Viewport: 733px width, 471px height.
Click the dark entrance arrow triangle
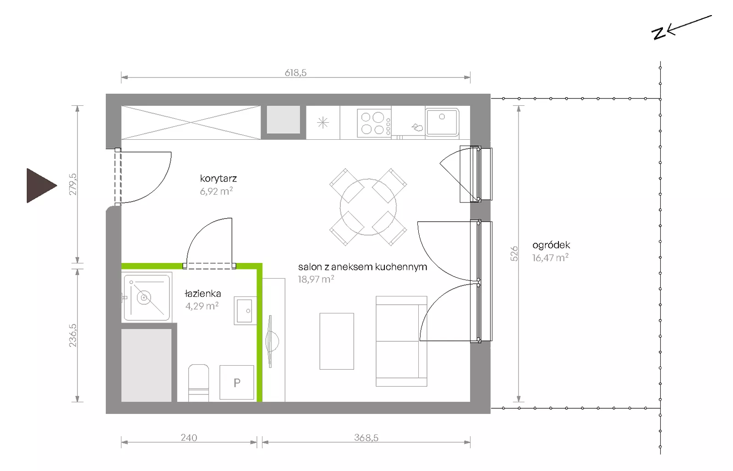39,186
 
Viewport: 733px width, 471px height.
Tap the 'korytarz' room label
218,179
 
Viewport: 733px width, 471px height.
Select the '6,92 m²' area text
216,191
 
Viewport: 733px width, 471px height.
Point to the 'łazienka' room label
203,294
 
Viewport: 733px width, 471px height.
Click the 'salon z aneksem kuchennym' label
362,267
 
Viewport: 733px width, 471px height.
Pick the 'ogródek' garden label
551,245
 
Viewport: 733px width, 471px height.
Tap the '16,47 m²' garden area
550,257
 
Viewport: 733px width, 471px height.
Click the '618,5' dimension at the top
295,73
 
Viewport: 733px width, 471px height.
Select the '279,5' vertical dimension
73,184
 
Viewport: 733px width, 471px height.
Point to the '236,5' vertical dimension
73,335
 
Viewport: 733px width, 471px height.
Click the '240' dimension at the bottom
189,438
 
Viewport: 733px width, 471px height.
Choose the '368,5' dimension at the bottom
366,438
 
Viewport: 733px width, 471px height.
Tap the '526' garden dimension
514,254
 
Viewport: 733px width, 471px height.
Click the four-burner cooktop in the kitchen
374,123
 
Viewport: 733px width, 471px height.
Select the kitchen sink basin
442,122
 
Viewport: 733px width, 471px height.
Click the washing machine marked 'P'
236,382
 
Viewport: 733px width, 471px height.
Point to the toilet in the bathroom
199,383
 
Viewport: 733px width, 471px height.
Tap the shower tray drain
144,298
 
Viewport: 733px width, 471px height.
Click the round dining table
368,207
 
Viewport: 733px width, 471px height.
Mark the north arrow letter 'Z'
658,33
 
